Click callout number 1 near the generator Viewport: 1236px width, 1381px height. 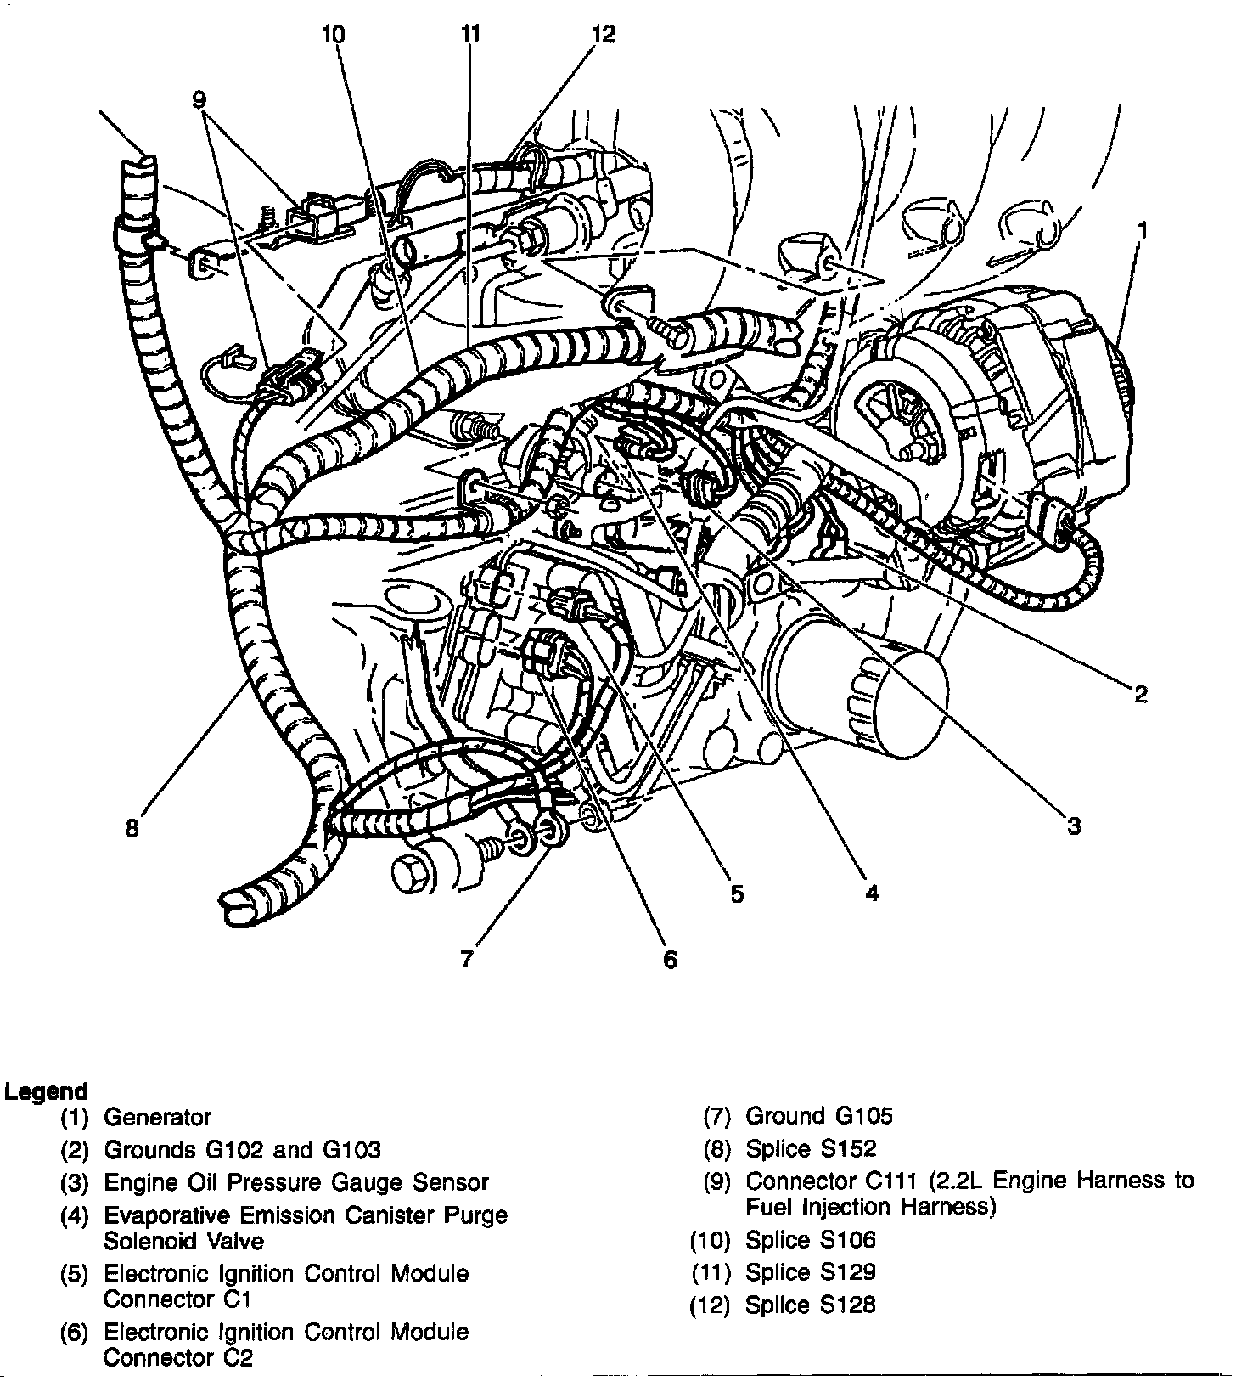click(1143, 230)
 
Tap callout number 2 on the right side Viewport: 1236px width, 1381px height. click(1140, 694)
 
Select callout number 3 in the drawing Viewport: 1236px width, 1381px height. click(1073, 825)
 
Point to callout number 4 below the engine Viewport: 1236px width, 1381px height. click(871, 892)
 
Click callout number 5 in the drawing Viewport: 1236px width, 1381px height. click(737, 893)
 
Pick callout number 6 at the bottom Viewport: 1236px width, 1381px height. click(670, 960)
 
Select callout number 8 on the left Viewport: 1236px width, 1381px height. click(132, 827)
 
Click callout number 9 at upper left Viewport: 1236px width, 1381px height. click(199, 100)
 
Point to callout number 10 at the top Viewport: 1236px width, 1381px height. click(334, 35)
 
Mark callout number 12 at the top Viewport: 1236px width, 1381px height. click(604, 35)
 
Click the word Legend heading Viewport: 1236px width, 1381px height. click(46, 1091)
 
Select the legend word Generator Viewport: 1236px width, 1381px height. click(157, 1117)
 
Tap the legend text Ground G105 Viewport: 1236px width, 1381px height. click(819, 1116)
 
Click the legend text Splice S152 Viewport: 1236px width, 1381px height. click(811, 1149)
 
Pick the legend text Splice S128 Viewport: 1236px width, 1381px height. click(810, 1305)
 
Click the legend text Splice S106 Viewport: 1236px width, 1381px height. click(810, 1240)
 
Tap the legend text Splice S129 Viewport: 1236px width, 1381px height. click(810, 1272)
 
